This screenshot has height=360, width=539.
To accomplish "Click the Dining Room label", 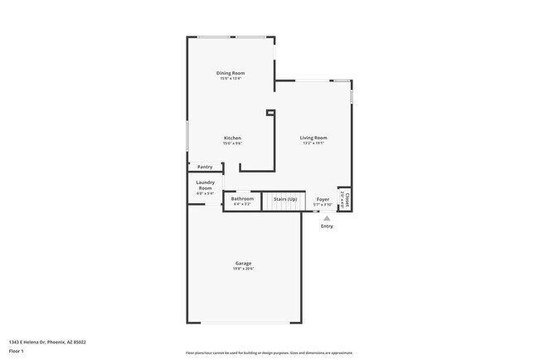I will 231,73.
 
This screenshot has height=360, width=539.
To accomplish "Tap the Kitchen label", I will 232,138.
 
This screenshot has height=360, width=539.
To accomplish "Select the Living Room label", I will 313,138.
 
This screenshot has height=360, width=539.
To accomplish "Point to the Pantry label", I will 205,167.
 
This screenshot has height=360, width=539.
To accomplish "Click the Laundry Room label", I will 205,185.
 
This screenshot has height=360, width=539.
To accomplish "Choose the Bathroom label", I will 242,198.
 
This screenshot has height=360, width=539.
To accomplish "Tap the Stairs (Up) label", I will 280,199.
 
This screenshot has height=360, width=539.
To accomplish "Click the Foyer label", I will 323,199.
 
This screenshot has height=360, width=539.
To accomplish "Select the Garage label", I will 242,263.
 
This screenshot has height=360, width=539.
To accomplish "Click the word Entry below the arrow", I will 327,226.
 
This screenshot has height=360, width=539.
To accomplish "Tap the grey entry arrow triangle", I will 327,218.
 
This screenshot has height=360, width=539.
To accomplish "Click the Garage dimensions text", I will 242,269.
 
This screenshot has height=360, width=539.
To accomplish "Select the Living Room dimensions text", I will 313,144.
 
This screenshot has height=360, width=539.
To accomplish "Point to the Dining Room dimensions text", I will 231,79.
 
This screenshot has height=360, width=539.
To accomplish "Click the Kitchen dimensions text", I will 232,144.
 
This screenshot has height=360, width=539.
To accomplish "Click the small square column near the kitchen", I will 269,113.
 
